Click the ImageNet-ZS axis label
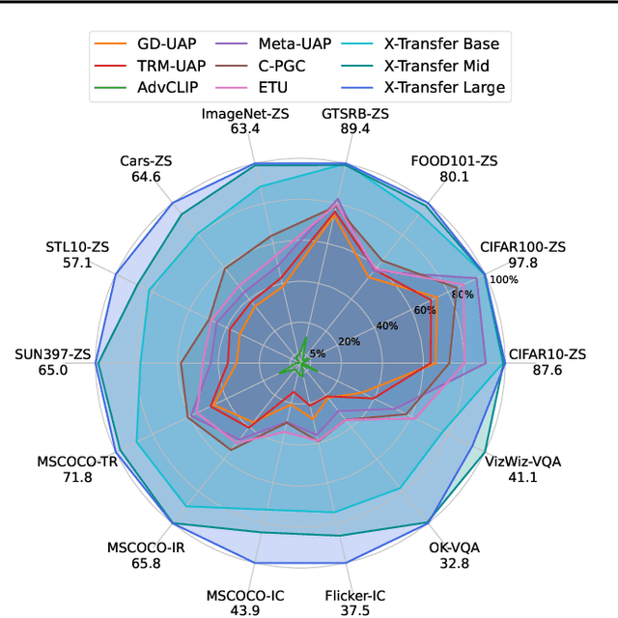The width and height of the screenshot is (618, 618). point(246,113)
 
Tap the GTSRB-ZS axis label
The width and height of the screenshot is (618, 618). point(357,113)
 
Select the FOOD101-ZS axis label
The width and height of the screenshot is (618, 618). point(454,160)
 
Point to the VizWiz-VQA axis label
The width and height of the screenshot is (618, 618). point(522,461)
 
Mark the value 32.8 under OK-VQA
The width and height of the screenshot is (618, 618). point(454,564)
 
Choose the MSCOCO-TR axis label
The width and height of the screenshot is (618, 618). point(77,461)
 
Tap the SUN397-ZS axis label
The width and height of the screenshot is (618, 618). point(53,353)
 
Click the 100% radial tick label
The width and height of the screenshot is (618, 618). point(503,279)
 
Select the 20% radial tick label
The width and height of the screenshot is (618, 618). point(349,341)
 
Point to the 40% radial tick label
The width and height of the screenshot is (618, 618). point(387,325)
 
